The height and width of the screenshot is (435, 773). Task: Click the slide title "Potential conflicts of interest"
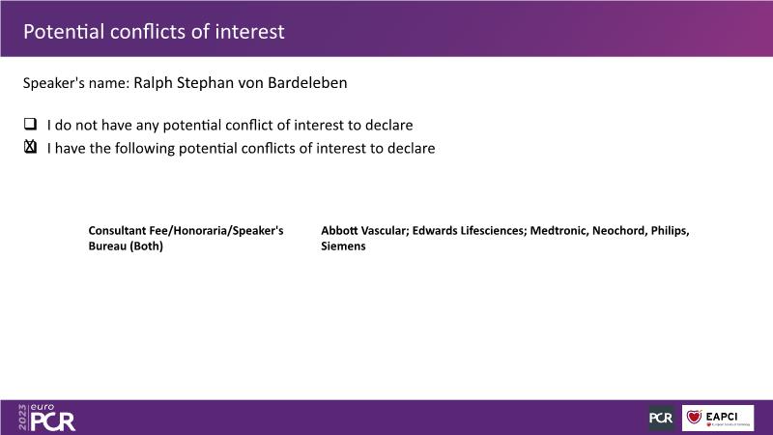click(154, 32)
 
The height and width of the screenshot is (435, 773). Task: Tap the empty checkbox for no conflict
click(31, 124)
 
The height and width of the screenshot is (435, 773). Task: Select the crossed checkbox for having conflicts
click(31, 147)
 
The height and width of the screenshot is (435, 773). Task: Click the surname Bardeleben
click(307, 82)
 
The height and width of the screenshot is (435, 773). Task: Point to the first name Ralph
click(153, 83)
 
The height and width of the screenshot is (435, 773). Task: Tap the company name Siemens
click(343, 246)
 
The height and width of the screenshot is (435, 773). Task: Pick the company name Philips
click(670, 231)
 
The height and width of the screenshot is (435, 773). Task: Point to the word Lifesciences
click(494, 231)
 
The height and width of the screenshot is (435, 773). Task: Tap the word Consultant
click(117, 231)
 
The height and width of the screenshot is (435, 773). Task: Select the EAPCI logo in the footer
click(718, 418)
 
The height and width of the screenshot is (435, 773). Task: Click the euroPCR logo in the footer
click(53, 418)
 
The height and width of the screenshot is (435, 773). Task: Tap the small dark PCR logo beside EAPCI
click(661, 418)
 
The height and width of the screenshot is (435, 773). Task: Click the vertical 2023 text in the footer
click(22, 418)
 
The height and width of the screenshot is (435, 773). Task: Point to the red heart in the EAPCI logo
click(694, 417)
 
